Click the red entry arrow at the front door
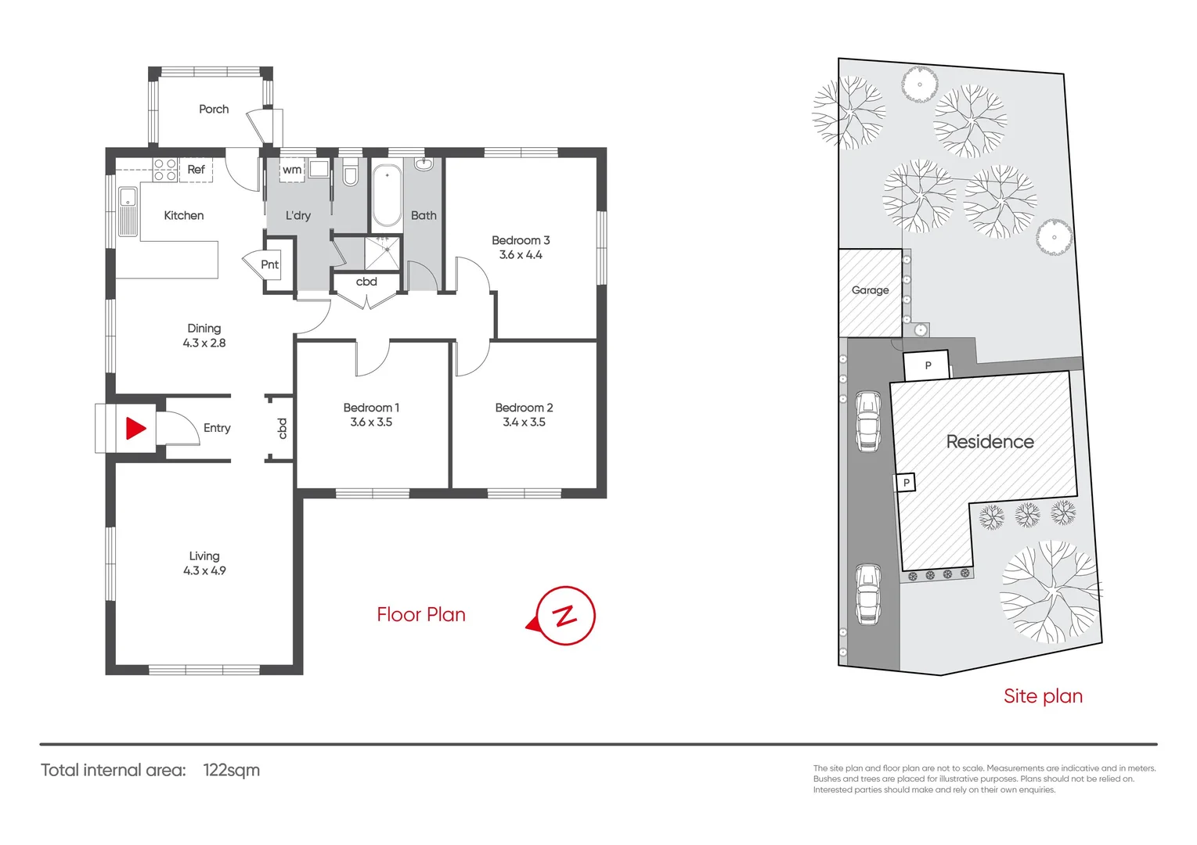coord(135,428)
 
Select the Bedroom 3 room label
coord(521,240)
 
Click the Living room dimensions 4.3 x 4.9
coord(204,570)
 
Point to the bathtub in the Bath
coord(387,196)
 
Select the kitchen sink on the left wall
coord(128,210)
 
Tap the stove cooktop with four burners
coord(165,170)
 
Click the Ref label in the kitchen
coord(196,169)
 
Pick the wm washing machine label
coord(292,170)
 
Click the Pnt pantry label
coord(269,264)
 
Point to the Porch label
coord(214,109)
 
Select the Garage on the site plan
coord(870,290)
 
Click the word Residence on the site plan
coord(990,441)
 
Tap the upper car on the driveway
coord(867,421)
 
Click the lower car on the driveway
coord(867,594)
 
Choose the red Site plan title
coord(1043,696)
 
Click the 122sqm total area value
coord(231,770)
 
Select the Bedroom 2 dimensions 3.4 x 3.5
coord(524,422)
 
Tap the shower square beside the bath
coord(383,252)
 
